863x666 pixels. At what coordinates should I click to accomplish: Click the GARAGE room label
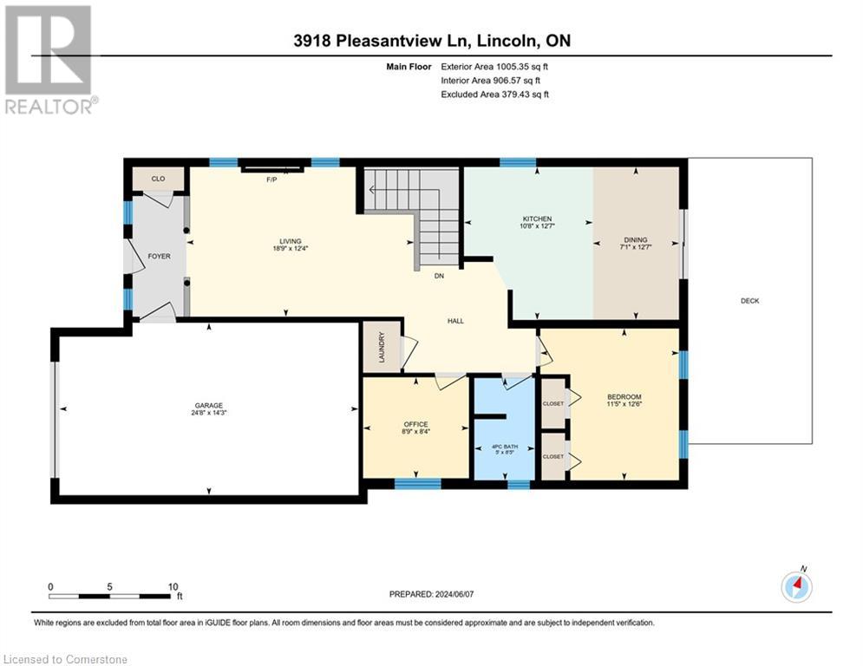pos(208,405)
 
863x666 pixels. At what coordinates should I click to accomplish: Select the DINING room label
pos(636,240)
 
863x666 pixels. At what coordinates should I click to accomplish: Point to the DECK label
pos(749,301)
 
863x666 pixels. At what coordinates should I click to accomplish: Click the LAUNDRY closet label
pos(381,347)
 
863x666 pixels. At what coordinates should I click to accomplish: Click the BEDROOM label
pos(624,397)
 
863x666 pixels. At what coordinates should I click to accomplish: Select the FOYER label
pos(159,256)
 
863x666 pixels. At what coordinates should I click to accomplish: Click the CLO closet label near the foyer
pos(158,179)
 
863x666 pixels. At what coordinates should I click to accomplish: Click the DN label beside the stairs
pos(440,277)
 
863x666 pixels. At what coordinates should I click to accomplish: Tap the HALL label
pos(455,321)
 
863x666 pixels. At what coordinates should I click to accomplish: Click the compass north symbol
pos(796,586)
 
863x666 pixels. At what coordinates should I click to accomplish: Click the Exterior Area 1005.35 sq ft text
pos(494,66)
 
